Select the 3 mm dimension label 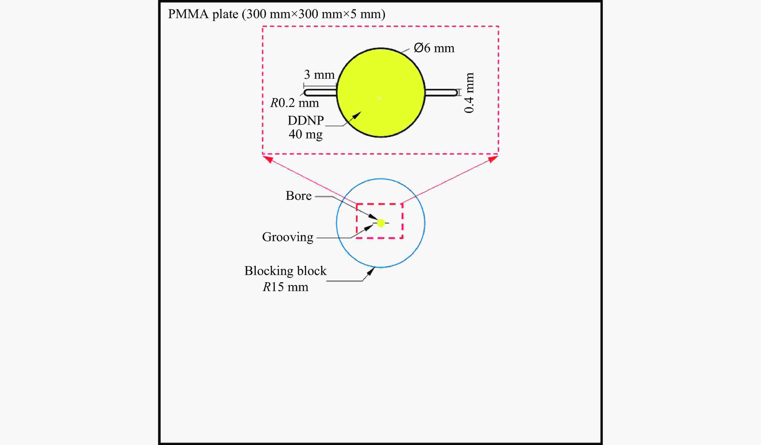319,75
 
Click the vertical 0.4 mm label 469,93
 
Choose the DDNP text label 306,120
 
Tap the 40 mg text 306,134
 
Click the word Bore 298,196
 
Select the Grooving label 287,237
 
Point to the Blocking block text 285,271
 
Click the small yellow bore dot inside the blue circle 381,223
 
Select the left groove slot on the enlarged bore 320,92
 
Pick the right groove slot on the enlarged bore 441,92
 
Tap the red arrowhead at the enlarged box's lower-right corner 493,158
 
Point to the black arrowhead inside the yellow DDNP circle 357,115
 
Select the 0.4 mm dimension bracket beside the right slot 459,92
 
